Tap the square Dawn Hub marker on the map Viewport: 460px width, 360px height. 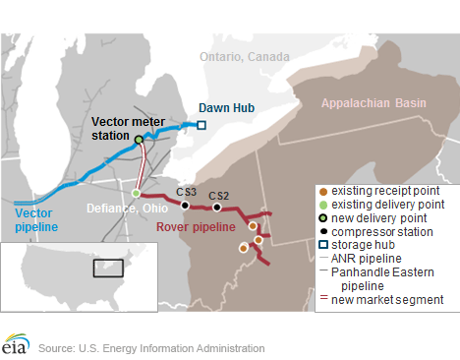point(201,125)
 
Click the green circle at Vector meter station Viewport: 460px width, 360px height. point(139,140)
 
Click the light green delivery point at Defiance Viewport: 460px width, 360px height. point(137,193)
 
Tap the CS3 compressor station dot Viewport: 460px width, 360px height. point(185,206)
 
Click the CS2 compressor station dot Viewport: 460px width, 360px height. point(216,208)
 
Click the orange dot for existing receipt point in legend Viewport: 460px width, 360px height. point(324,189)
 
